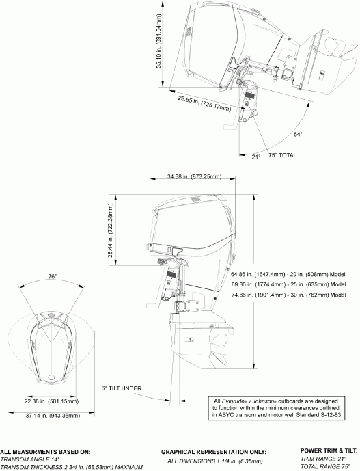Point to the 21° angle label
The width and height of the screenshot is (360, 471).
[x=255, y=157]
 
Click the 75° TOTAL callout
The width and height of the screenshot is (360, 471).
[x=282, y=155]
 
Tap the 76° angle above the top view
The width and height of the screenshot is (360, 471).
[x=52, y=277]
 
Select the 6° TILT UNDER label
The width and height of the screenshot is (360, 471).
[x=121, y=388]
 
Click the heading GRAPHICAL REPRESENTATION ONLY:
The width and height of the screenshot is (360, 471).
[x=212, y=452]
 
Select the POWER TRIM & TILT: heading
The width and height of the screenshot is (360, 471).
[x=329, y=450]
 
